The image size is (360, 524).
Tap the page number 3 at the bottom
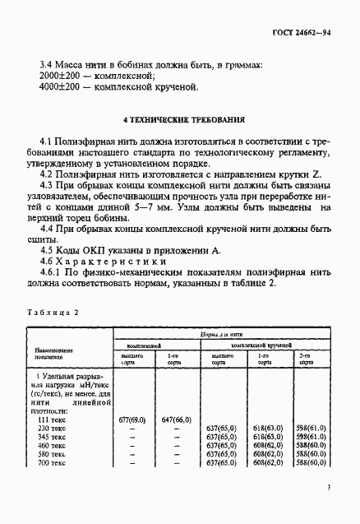point(328,488)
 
